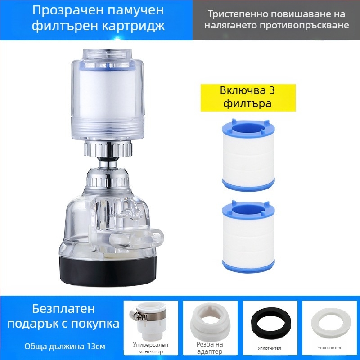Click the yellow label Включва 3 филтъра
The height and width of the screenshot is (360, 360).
point(248,96)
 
